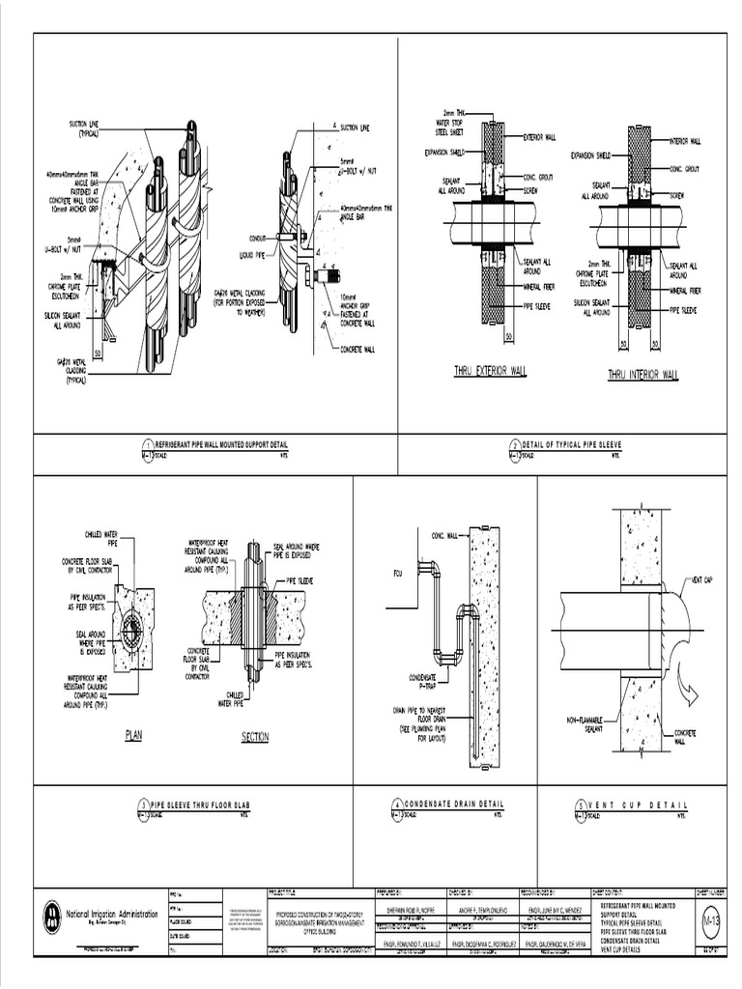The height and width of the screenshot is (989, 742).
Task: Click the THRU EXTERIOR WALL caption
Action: tap(491, 371)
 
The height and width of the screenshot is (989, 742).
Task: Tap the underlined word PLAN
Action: tap(133, 735)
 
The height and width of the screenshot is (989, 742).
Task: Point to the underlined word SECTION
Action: tap(254, 737)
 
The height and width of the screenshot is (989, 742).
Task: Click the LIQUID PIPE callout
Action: tap(252, 255)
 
